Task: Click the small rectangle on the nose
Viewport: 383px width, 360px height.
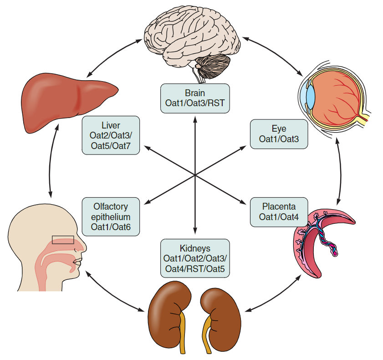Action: click(62, 240)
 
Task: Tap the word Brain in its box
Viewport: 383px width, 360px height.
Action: click(195, 93)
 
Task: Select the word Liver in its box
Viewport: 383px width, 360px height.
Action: click(111, 125)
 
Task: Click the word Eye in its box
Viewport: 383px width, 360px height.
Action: click(279, 129)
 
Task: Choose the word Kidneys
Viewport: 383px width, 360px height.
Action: click(195, 248)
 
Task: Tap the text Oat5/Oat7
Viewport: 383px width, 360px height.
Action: click(111, 145)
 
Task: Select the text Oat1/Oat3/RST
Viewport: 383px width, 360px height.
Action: click(195, 103)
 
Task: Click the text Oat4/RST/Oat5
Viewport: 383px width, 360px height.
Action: click(195, 268)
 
